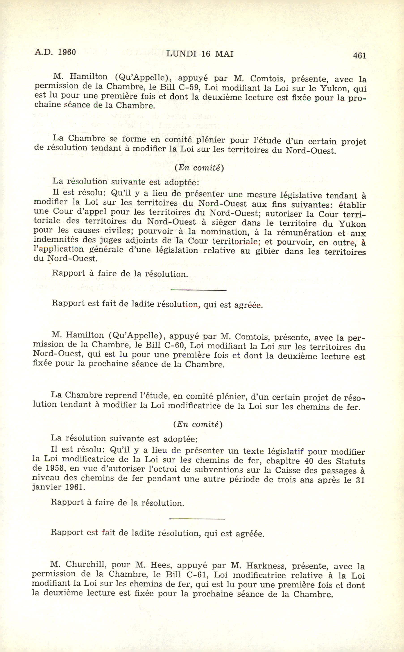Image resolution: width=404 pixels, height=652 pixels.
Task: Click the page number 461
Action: (359, 55)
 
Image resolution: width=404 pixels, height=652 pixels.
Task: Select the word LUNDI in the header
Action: (181, 54)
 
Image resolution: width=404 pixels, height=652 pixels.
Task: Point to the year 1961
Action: (75, 487)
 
